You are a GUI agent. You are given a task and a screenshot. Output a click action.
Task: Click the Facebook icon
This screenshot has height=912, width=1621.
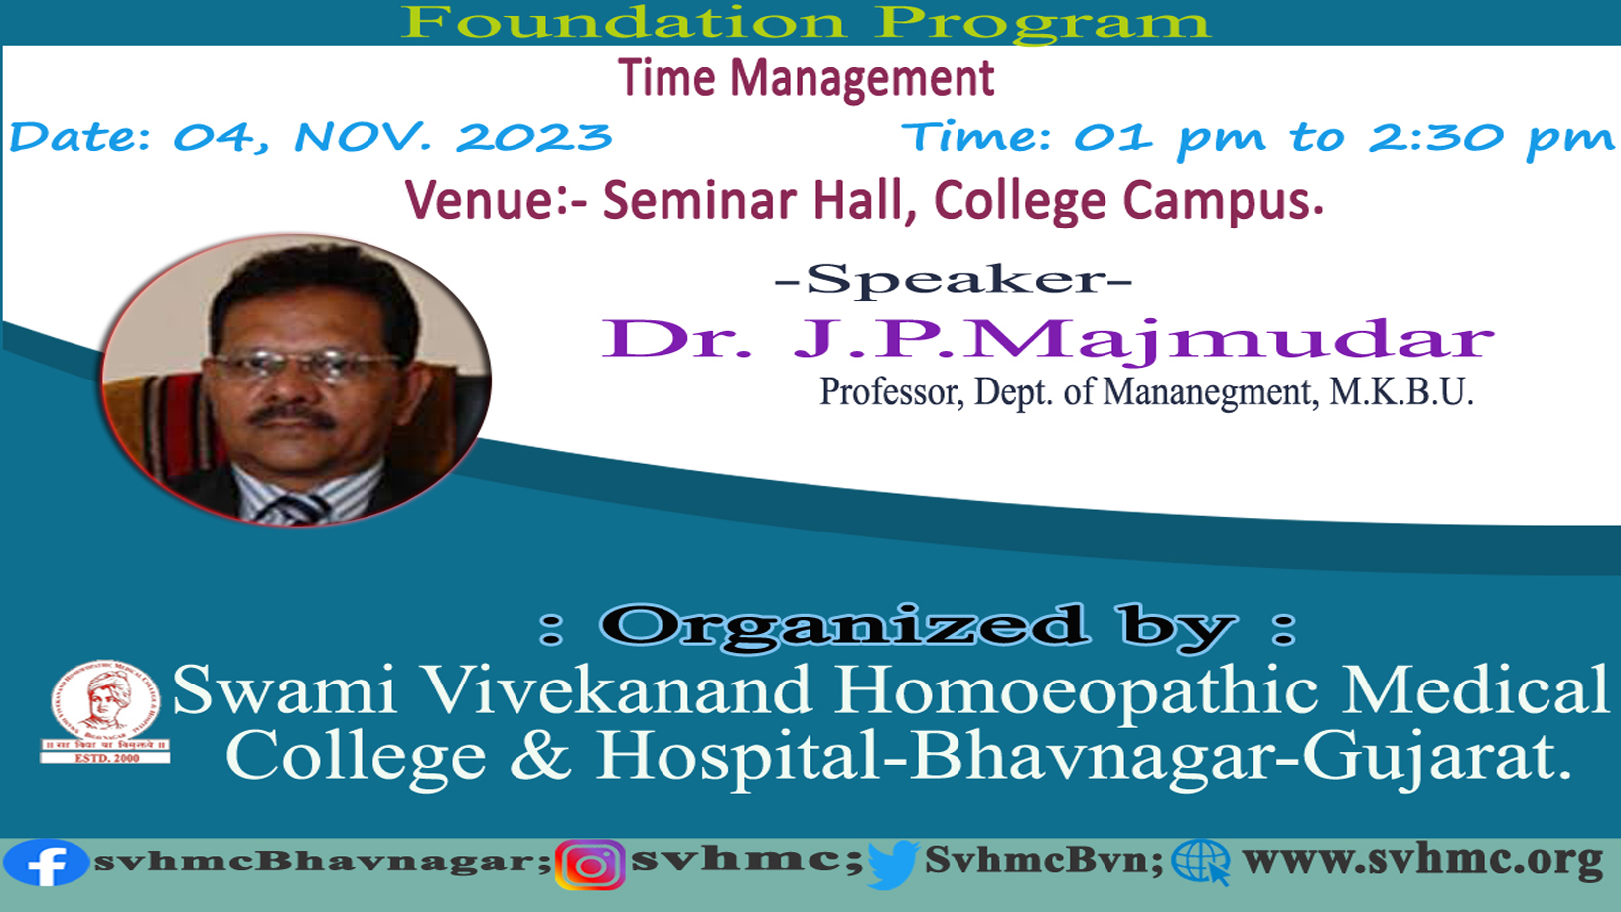click(x=47, y=862)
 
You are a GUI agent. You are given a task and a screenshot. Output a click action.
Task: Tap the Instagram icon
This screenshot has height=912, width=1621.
click(x=591, y=865)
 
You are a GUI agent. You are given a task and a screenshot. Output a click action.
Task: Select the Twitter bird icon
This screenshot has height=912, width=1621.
click(x=893, y=865)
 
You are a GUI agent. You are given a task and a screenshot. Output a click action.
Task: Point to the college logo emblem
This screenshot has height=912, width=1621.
click(x=105, y=711)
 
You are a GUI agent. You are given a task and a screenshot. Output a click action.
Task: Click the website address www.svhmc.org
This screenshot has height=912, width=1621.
click(x=1422, y=861)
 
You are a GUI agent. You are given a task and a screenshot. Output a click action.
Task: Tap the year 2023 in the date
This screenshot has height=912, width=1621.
click(x=534, y=137)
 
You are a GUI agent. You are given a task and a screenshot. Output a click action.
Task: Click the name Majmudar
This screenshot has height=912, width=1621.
click(x=1232, y=339)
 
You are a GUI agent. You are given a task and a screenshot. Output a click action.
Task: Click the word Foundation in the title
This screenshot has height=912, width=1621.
click(x=623, y=22)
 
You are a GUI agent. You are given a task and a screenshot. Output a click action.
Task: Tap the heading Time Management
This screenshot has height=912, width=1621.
click(x=807, y=78)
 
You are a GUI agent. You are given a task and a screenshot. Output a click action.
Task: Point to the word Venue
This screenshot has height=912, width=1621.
click(x=479, y=199)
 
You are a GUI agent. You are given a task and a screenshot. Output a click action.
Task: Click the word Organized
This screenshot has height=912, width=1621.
click(x=844, y=625)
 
